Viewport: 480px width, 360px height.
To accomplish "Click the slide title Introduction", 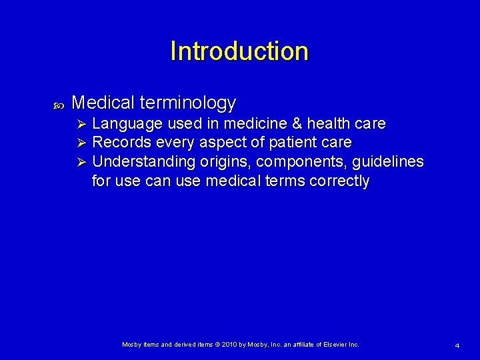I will pyautogui.click(x=239, y=51).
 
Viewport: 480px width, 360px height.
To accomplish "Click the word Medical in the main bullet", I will pyautogui.click(x=103, y=103).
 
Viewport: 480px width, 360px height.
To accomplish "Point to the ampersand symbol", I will pyautogui.click(x=294, y=124).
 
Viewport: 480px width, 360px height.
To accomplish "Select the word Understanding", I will pyautogui.click(x=141, y=162).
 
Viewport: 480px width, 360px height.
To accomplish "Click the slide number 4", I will pyautogui.click(x=457, y=345).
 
